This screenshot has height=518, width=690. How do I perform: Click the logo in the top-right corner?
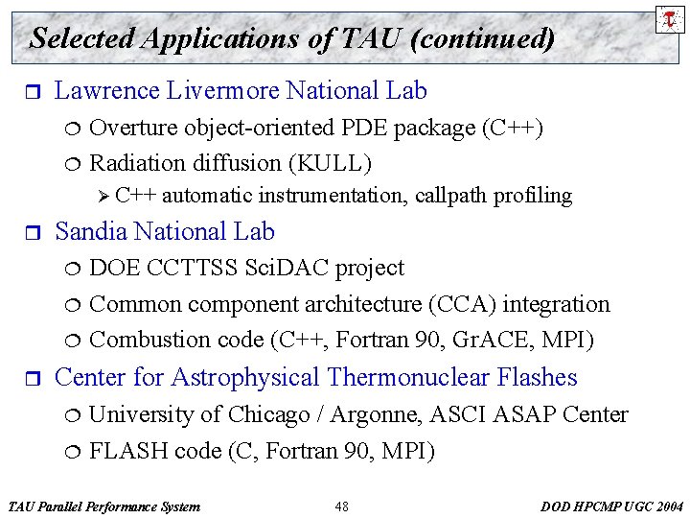pos(668,18)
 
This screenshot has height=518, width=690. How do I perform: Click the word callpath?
pos(452,197)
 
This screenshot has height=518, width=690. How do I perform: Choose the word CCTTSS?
pos(190,268)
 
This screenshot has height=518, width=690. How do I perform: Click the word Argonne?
pos(373,414)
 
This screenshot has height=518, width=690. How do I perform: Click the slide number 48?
pos(342,506)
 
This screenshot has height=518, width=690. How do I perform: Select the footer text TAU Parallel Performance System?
pos(103,506)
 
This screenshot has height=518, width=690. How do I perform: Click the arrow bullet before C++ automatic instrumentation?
pos(104,197)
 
